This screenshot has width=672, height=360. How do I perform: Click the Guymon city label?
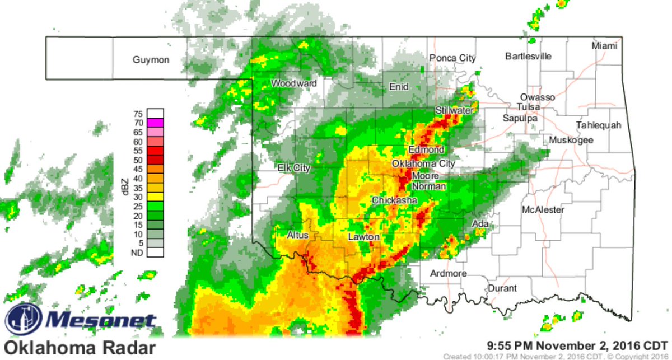pos(151,60)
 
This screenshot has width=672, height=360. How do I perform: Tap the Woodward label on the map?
pos(294,83)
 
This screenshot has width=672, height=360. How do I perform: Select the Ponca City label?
pos(452,58)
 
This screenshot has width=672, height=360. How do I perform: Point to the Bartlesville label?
pos(528,57)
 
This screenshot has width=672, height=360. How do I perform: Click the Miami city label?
pos(604,46)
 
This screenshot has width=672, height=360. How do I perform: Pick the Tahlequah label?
pos(599,125)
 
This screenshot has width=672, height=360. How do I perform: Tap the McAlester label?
pos(543,210)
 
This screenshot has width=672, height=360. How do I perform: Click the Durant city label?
pos(502,288)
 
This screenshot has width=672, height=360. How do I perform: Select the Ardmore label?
pos(448,274)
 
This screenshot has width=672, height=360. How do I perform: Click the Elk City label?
pos(294,168)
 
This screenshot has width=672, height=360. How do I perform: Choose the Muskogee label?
pos(571,140)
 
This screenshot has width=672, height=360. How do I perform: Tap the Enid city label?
pos(399,87)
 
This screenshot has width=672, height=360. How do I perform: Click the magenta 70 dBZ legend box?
pos(156,123)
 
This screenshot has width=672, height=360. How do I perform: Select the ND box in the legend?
pos(156,253)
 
